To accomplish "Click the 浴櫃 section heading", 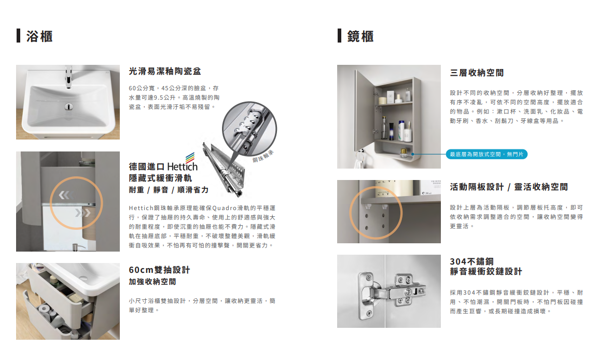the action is pos(39,37).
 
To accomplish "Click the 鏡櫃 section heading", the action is pos(360,37).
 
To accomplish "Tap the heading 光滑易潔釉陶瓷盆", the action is pos(165,71).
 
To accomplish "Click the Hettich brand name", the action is pos(183,167).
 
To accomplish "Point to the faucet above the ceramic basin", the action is pos(68,76).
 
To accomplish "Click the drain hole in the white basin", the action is pos(68,107).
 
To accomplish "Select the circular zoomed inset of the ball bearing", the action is pos(249,129).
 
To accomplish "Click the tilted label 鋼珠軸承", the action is pos(263,156).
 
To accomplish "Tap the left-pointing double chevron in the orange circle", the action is pos(65,195).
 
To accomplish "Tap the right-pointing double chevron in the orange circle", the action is pos(82,212).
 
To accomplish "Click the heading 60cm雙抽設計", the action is pos(159,270).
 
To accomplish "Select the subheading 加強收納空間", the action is pos(152,282).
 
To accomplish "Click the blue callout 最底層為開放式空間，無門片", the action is pos(487,154).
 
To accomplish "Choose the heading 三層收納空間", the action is pos(477,73).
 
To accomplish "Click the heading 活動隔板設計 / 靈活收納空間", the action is pos(509,187).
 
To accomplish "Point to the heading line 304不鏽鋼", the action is pos(472,261).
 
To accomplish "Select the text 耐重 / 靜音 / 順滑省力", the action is pos(169,190).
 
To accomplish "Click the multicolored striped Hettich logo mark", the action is pos(190,157).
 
